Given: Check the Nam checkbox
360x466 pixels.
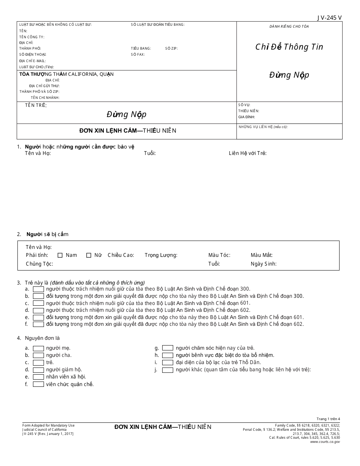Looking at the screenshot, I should point(60,255).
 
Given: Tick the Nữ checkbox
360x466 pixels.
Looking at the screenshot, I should point(89,255).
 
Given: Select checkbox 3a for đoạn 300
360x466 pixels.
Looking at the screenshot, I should point(38,289).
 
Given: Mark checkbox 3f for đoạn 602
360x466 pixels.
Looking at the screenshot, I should point(38,324).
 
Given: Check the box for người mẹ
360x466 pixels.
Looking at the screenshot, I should point(38,348).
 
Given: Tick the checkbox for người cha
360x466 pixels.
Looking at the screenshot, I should point(38,355).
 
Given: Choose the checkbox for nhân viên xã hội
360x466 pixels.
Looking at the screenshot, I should point(38,377).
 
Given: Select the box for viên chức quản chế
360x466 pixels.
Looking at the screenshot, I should point(38,384).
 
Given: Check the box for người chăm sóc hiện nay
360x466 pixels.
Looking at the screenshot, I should point(167,348).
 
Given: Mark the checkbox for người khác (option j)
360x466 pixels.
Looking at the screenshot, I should point(167,370).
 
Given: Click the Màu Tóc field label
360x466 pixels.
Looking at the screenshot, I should point(219,255).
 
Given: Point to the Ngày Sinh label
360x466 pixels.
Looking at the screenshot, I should point(263,264).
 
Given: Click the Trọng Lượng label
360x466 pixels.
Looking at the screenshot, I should point(161,255).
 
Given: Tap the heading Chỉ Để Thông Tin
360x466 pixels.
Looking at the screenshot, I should point(289,47).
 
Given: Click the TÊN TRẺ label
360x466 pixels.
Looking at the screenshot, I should point(36,105).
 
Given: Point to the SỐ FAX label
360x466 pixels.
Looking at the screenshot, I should point(138,55).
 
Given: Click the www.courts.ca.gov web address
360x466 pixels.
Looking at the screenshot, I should point(325,442).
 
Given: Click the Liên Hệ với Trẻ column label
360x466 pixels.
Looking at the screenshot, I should point(247,153).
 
